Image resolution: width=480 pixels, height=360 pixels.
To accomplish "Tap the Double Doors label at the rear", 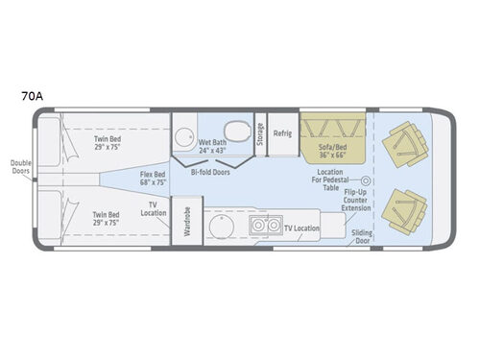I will click(x=21, y=168).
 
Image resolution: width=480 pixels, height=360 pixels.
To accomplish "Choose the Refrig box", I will click(x=282, y=133).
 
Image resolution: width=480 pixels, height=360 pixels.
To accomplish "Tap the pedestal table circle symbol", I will click(x=366, y=180).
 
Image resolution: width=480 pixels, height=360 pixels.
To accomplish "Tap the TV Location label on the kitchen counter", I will click(x=300, y=228).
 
